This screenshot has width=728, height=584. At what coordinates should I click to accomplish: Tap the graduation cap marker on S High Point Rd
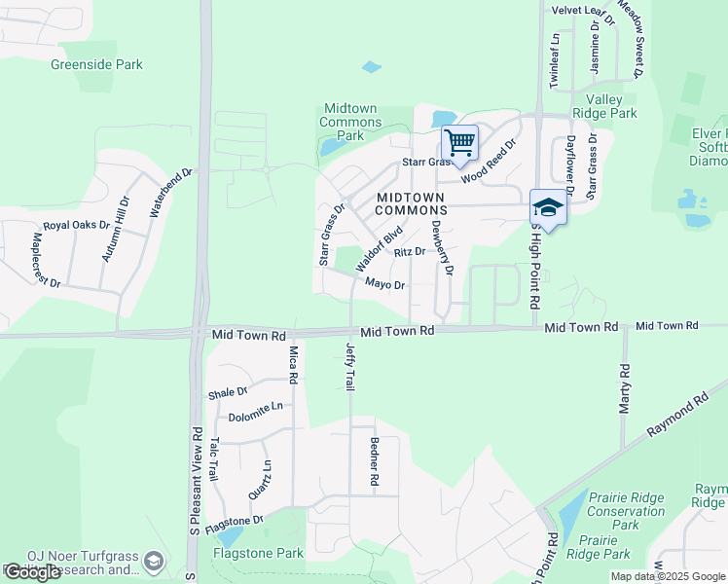pos(548,208)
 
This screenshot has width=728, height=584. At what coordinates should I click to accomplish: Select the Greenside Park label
pos(96,64)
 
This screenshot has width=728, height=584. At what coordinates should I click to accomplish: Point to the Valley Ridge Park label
pos(611,106)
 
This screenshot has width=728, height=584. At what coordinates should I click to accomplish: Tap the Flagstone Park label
pos(258,553)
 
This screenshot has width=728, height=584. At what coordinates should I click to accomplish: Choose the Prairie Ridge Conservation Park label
pos(627,511)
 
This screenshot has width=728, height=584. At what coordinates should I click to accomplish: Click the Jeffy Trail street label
pos(350,367)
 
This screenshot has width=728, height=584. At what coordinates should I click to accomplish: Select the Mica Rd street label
pos(293,364)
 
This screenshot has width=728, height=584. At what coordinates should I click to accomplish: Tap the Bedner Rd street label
pos(374,459)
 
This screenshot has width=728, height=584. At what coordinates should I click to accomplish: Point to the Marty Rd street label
pos(625,388)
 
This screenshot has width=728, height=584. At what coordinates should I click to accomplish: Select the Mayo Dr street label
pos(384,284)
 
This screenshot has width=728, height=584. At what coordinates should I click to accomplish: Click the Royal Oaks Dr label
pos(76,225)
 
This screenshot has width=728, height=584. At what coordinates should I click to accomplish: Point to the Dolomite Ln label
pos(255,417)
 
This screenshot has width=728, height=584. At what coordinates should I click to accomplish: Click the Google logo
pos(32,572)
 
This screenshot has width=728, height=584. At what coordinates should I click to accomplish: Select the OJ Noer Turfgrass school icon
pos(153,562)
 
